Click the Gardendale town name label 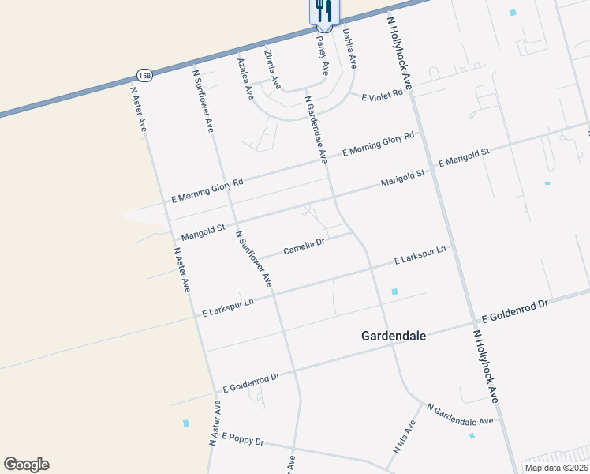tap(393, 336)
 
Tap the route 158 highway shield tap(144, 76)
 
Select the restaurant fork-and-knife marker tap(323, 9)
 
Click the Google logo tap(26, 465)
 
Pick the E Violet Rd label tap(382, 96)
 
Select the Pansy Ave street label tap(322, 55)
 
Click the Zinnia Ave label tap(272, 69)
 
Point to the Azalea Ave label tap(245, 77)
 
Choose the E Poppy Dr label tap(242, 438)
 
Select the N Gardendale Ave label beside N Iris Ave tap(460, 415)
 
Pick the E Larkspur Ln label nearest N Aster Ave tap(227, 307)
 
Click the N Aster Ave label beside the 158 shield tap(139, 107)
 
